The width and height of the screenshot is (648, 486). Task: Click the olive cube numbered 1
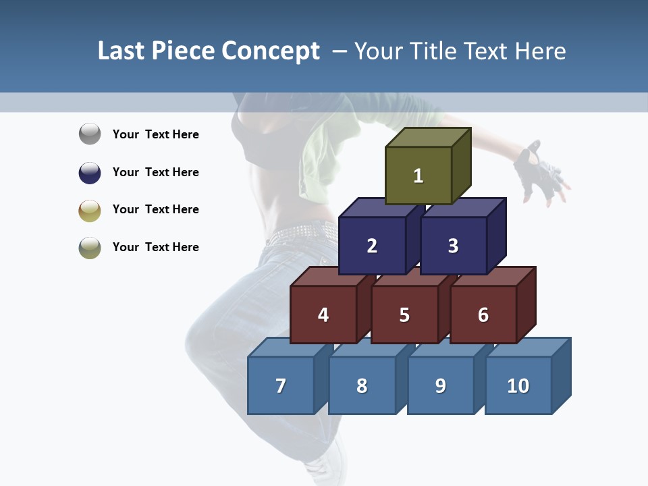[418, 175]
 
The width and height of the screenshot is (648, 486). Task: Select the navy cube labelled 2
[372, 246]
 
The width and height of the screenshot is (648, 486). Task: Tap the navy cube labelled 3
[453, 246]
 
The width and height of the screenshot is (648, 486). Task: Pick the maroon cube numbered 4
[323, 315]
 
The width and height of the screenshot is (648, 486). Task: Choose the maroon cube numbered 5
[404, 315]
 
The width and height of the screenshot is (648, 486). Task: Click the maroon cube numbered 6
[483, 315]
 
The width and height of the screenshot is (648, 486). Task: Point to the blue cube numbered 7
[281, 385]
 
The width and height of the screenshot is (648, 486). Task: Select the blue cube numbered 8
[362, 385]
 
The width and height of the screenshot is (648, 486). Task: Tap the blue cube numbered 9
[441, 385]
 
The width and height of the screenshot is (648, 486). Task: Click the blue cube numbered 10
[518, 385]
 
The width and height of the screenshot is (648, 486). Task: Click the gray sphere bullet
[90, 134]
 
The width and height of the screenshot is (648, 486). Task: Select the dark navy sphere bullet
[90, 172]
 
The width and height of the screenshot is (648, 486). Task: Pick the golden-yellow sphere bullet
[90, 210]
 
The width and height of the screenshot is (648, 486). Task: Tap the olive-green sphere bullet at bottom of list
[90, 248]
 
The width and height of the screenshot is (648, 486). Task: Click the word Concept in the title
[270, 51]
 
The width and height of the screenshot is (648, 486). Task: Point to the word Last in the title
[122, 51]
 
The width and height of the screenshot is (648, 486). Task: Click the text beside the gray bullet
[156, 134]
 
